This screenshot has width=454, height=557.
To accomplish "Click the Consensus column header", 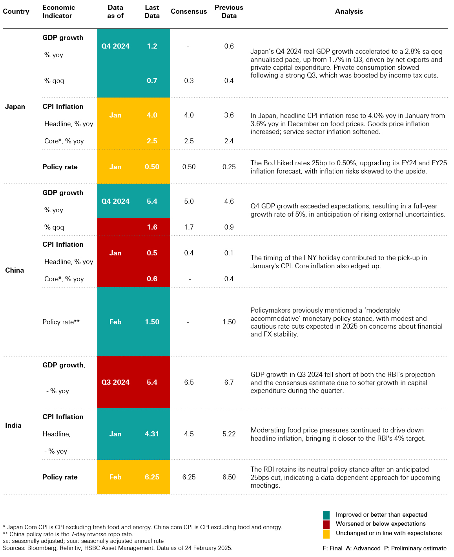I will pos(189,11).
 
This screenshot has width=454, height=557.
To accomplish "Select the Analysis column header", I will pos(349,11).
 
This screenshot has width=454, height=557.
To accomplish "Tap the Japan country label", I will pos(15,107).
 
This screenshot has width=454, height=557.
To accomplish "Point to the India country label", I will pos(13,425).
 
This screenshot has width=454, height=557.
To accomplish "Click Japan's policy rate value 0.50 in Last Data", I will pos(152,167).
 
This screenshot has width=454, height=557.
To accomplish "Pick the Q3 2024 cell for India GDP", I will pos(115,382).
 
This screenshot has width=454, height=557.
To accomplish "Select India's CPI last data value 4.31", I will pos(152,434).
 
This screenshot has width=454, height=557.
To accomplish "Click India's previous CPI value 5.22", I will pos(229,434).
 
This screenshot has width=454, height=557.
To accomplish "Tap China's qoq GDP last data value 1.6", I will pos(152,227).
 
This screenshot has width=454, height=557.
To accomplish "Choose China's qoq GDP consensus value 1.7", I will pos(189,227).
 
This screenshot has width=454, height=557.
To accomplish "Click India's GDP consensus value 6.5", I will pos(189,382).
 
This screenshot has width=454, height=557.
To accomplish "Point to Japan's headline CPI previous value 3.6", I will pos(229,115).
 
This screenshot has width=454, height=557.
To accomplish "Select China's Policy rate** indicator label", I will pos(61,322).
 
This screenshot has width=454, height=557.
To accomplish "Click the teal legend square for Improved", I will pos(326,515).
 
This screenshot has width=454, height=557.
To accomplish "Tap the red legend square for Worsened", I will pos(326,524).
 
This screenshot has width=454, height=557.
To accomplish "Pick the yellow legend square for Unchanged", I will pos(326,533).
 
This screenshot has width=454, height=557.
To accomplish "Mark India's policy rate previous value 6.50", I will pos(229,477).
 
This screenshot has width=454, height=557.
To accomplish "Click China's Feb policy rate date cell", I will pos(115,322).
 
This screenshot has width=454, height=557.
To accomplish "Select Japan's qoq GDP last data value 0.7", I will pos(152,81).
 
